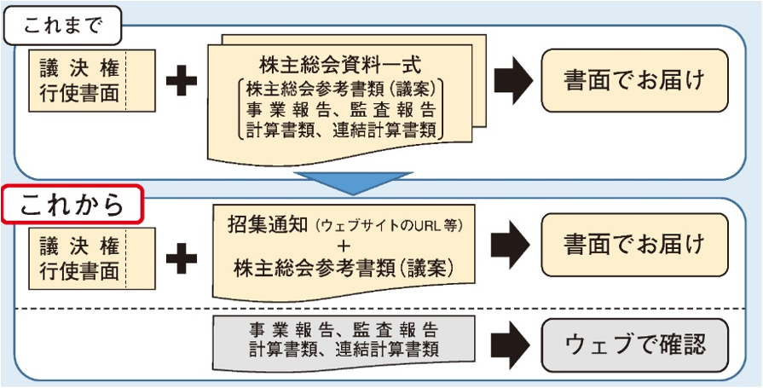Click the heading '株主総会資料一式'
340,66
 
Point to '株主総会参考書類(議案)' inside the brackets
342,88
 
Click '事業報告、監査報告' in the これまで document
342,109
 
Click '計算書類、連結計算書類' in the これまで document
342,130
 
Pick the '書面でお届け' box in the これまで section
634,81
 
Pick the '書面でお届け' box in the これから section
634,245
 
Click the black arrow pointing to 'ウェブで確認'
511,342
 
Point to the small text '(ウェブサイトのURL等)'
389,227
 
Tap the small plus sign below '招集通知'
342,246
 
